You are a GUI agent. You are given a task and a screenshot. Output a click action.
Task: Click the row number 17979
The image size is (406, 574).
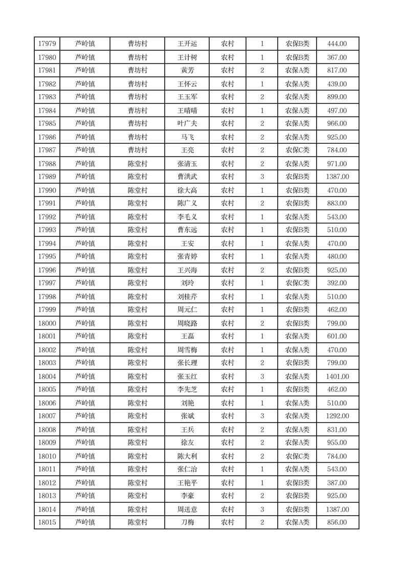coord(47,44)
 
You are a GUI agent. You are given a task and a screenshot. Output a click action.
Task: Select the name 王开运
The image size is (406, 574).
coord(187,44)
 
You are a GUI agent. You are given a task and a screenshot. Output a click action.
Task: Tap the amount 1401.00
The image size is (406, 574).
coord(337,377)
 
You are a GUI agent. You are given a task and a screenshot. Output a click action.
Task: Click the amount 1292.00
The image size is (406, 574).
coord(337,416)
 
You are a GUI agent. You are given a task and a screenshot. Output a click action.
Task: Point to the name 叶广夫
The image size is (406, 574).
coord(187,123)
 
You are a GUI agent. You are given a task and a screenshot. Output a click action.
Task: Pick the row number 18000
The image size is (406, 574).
coord(47,323)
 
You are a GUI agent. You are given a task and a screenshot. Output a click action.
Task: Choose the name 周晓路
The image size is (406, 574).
coord(187,323)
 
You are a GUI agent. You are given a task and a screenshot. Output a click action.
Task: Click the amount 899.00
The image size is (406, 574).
coord(337,97)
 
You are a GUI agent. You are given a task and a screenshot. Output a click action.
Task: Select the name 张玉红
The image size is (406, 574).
coord(187,377)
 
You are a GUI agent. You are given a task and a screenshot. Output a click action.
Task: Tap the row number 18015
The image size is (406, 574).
coord(47,522)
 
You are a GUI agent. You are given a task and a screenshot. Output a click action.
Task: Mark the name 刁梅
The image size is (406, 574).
coord(187,522)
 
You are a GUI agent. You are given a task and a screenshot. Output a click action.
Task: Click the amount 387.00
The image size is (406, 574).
coord(337,483)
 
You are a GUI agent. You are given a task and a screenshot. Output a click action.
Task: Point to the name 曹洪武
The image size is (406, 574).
coord(187,176)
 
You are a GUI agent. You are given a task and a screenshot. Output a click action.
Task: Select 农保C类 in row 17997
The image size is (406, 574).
coord(297,283)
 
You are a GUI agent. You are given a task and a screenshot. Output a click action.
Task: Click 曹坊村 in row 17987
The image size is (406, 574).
coord(137,150)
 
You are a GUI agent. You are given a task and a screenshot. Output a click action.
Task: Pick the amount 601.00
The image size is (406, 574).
coord(337,336)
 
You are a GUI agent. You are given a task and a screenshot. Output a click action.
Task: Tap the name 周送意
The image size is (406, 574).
coord(187,510)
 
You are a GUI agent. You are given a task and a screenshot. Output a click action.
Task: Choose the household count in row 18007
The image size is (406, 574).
coord(262,416)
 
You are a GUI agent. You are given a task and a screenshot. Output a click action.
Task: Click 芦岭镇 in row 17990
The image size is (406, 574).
coord(85,190)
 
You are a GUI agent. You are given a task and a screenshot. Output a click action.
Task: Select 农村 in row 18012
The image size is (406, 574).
coord(227,483)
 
